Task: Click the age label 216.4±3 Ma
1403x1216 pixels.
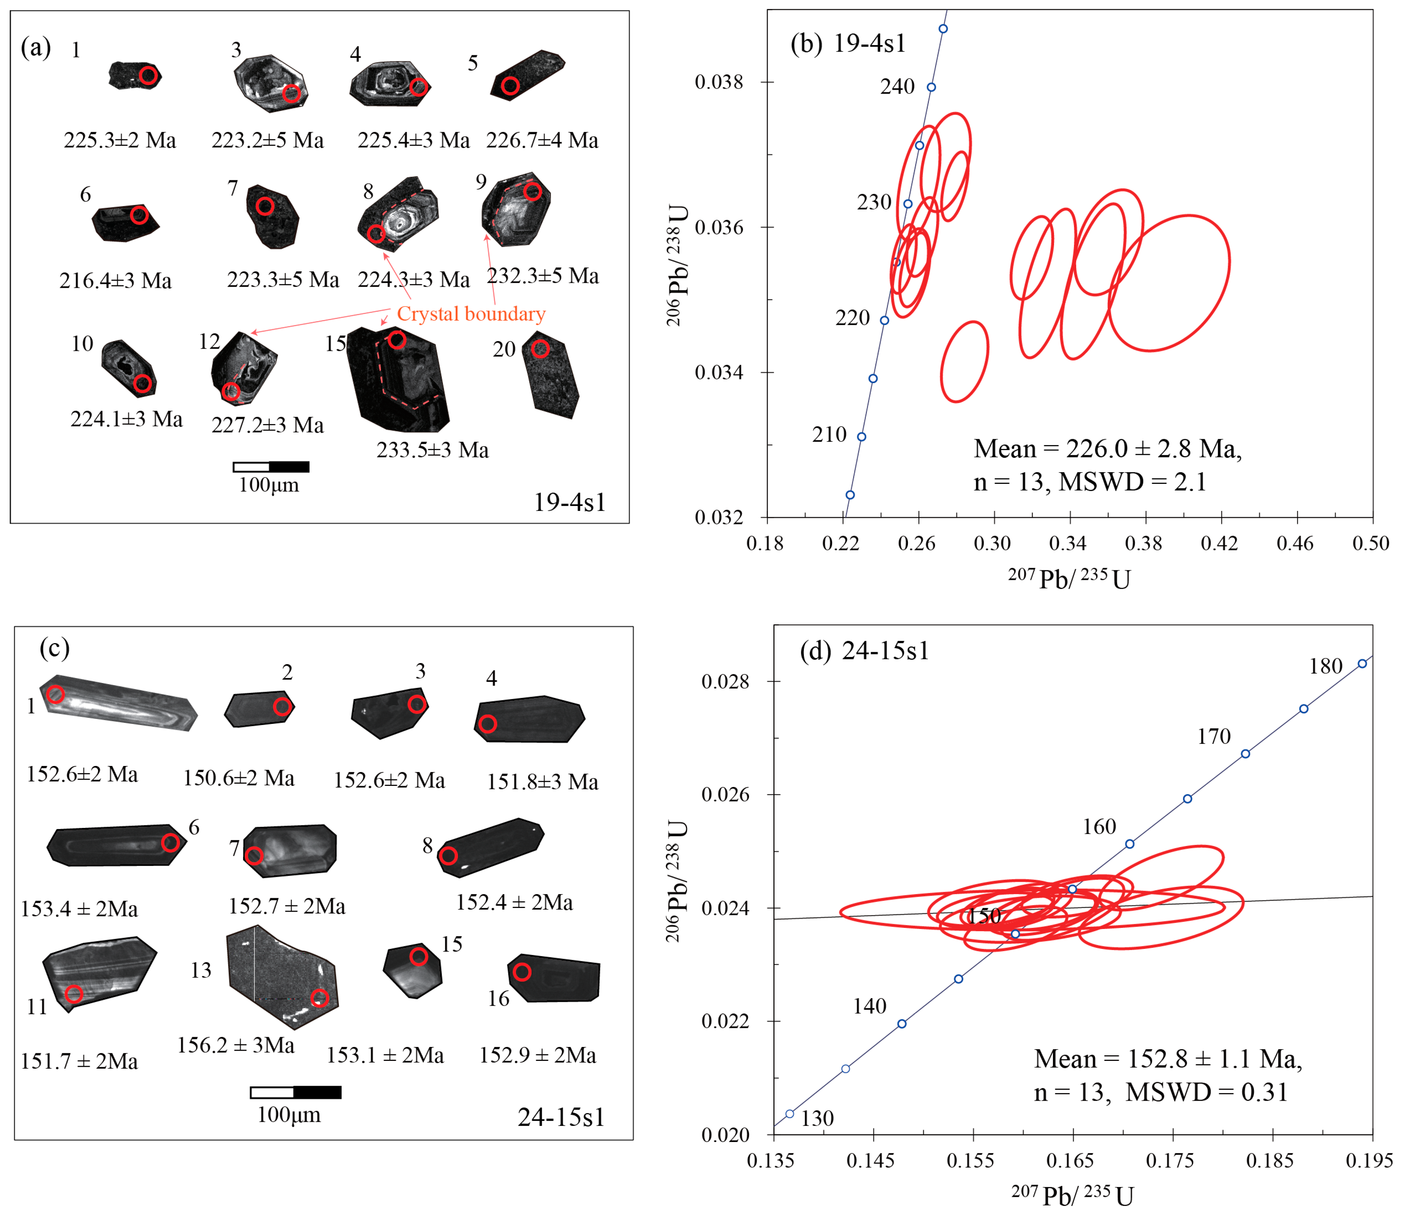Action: pyautogui.click(x=115, y=280)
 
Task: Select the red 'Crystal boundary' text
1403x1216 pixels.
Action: pyautogui.click(x=471, y=314)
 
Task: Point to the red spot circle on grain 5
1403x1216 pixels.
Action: pyautogui.click(x=510, y=86)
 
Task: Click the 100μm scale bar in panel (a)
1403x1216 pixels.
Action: pyautogui.click(x=271, y=467)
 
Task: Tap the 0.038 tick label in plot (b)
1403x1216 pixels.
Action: pyautogui.click(x=719, y=82)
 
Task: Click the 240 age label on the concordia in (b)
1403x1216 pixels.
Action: pyautogui.click(x=897, y=87)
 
